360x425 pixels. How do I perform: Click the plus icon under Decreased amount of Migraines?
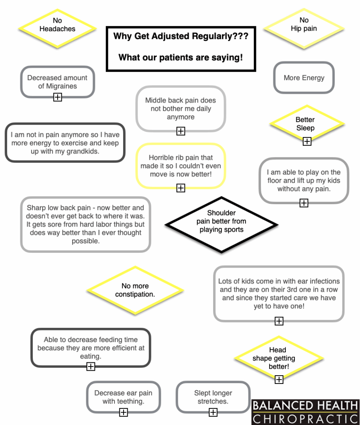tap(57, 97)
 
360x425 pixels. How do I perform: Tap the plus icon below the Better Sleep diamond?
tap(307, 141)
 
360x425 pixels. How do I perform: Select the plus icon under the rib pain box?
tap(181, 188)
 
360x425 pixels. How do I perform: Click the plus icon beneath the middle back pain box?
tap(181, 131)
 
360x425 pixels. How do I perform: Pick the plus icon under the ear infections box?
tap(279, 321)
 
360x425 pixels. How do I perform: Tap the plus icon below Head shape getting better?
tap(279, 379)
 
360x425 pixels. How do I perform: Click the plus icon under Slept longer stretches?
tap(213, 412)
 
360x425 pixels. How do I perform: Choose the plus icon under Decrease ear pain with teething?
tap(124, 412)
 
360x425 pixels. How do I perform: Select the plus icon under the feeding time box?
tap(91, 366)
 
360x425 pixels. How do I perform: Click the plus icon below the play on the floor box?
tap(304, 203)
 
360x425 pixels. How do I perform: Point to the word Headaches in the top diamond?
tap(57, 29)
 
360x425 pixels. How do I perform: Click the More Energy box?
tap(304, 78)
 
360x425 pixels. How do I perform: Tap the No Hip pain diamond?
tap(304, 29)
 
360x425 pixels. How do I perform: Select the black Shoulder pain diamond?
tap(221, 225)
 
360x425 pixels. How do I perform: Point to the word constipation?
tap(135, 294)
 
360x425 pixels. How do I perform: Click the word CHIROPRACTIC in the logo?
tap(305, 419)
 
